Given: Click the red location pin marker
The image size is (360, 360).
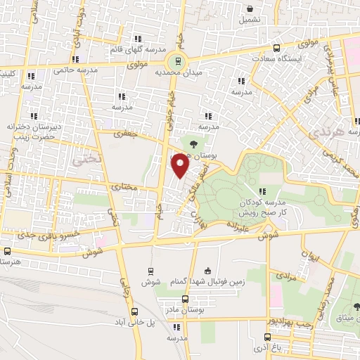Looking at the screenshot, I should [x=181, y=165].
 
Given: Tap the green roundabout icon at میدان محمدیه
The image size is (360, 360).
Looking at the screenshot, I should [x=178, y=61].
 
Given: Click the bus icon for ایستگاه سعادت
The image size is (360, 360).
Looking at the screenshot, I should [x=276, y=48].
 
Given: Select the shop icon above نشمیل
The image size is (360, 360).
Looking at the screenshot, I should [x=250, y=9].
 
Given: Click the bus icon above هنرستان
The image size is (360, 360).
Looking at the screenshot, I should [x=8, y=251].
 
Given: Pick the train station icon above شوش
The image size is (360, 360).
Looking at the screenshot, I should [x=151, y=271].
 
